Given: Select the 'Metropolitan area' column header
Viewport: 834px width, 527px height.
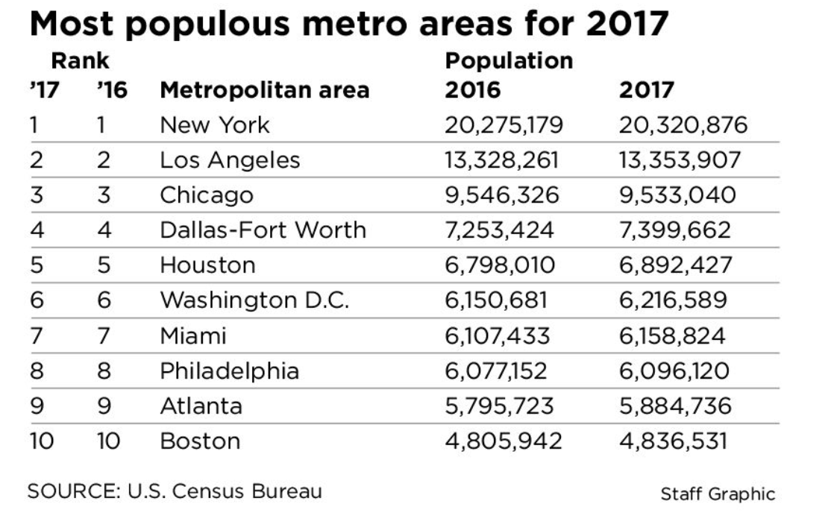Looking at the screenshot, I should tap(265, 91).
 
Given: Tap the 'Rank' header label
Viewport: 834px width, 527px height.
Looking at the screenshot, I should tap(80, 60).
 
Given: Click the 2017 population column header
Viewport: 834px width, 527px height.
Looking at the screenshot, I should tap(646, 91).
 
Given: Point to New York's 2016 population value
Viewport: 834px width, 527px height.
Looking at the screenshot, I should tap(504, 125).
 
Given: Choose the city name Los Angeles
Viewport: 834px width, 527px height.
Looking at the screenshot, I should tap(230, 160).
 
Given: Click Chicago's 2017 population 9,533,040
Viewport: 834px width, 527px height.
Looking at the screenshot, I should tap(677, 195).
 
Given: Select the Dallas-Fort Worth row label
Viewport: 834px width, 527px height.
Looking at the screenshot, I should tap(263, 230).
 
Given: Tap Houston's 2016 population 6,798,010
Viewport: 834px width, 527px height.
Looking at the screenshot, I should tap(498, 265).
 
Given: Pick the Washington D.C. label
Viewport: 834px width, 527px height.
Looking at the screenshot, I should tap(255, 300).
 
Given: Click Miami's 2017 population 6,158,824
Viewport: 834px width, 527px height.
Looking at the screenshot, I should tap(671, 335).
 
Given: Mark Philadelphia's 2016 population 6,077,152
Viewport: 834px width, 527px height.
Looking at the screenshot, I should tap(496, 370).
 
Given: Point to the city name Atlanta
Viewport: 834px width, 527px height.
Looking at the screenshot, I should tap(201, 405).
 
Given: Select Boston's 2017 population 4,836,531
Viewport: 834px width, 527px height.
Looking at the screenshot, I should tap(672, 441).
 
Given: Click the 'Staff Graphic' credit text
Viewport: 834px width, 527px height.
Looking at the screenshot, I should tap(718, 493).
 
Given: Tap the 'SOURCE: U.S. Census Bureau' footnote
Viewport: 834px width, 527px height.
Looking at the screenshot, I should tap(175, 492).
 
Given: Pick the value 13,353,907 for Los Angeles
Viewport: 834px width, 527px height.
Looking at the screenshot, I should tap(679, 160).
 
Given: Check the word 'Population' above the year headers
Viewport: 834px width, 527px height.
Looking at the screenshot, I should tap(509, 60).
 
